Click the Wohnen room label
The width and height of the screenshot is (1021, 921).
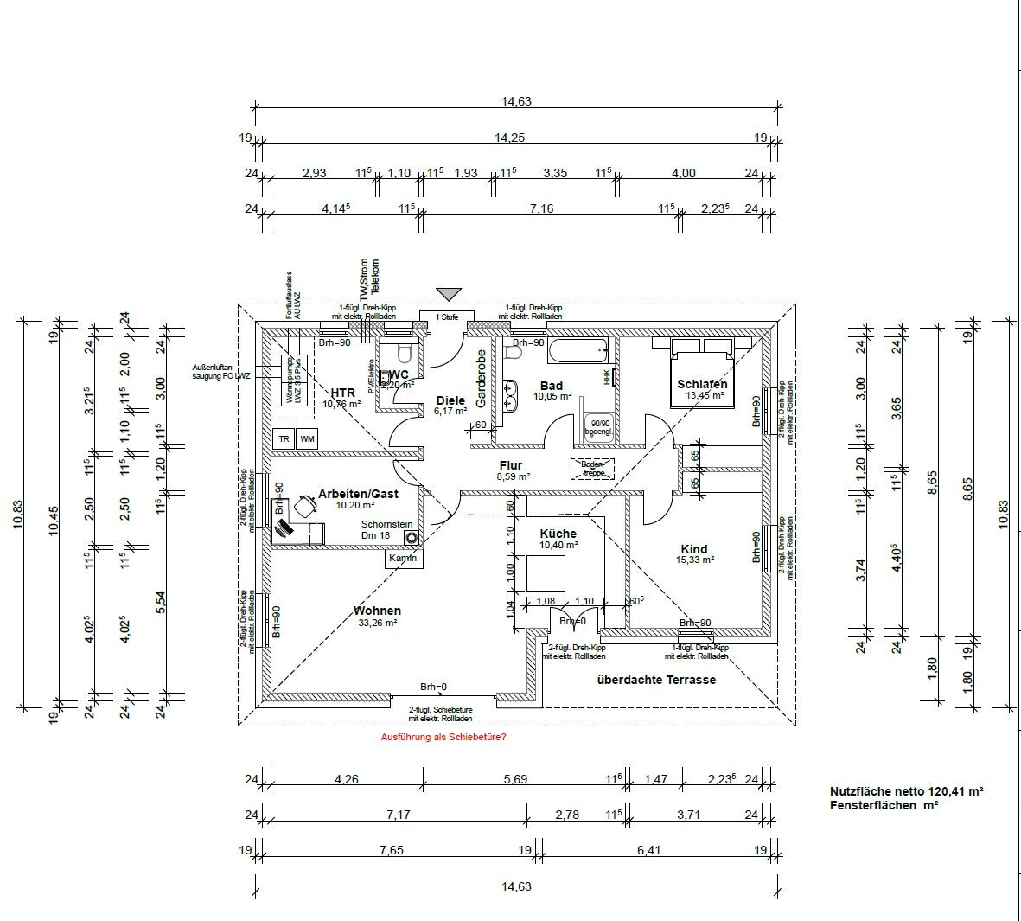(x=377, y=611)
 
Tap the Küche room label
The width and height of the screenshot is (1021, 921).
(x=558, y=534)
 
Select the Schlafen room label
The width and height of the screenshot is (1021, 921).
(x=702, y=384)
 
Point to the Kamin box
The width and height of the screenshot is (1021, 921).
(x=403, y=559)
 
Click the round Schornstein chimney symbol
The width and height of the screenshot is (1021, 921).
(x=412, y=536)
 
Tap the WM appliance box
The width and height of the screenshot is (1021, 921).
(x=307, y=439)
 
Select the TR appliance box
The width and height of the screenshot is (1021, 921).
(x=284, y=439)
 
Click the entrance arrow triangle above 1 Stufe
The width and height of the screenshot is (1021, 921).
(x=449, y=294)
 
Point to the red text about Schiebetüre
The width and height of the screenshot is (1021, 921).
(x=443, y=738)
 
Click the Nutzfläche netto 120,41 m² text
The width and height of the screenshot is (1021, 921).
(x=906, y=791)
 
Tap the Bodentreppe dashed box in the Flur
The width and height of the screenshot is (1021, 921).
(x=593, y=469)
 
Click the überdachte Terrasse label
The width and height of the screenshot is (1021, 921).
(x=656, y=680)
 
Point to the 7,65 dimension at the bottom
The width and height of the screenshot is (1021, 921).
(x=391, y=850)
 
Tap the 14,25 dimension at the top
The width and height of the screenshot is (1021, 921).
(x=509, y=138)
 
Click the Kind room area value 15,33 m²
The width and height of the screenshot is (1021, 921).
(x=694, y=560)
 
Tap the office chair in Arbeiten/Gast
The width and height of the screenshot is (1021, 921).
(x=305, y=503)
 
